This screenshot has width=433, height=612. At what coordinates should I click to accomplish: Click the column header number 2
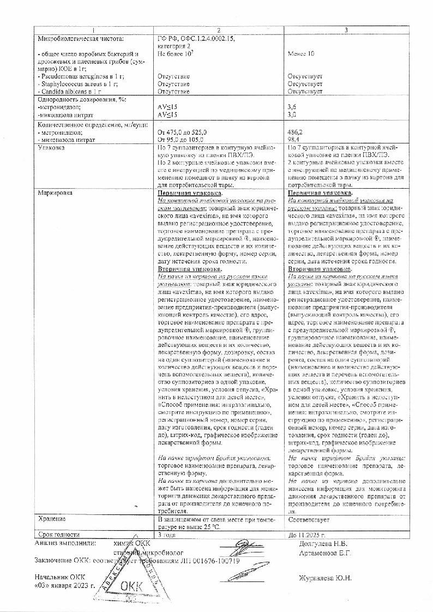pos(219,30)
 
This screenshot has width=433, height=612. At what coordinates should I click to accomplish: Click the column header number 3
pos(346,30)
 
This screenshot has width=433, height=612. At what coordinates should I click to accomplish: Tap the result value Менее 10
pos(301,54)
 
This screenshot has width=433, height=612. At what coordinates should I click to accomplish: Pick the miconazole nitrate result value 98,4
pos(294,140)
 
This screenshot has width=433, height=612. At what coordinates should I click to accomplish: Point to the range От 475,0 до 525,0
pos(182,133)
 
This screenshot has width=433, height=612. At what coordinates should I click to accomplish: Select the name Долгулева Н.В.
pos(324,543)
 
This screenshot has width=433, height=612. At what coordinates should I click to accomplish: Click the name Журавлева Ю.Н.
pos(326,578)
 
